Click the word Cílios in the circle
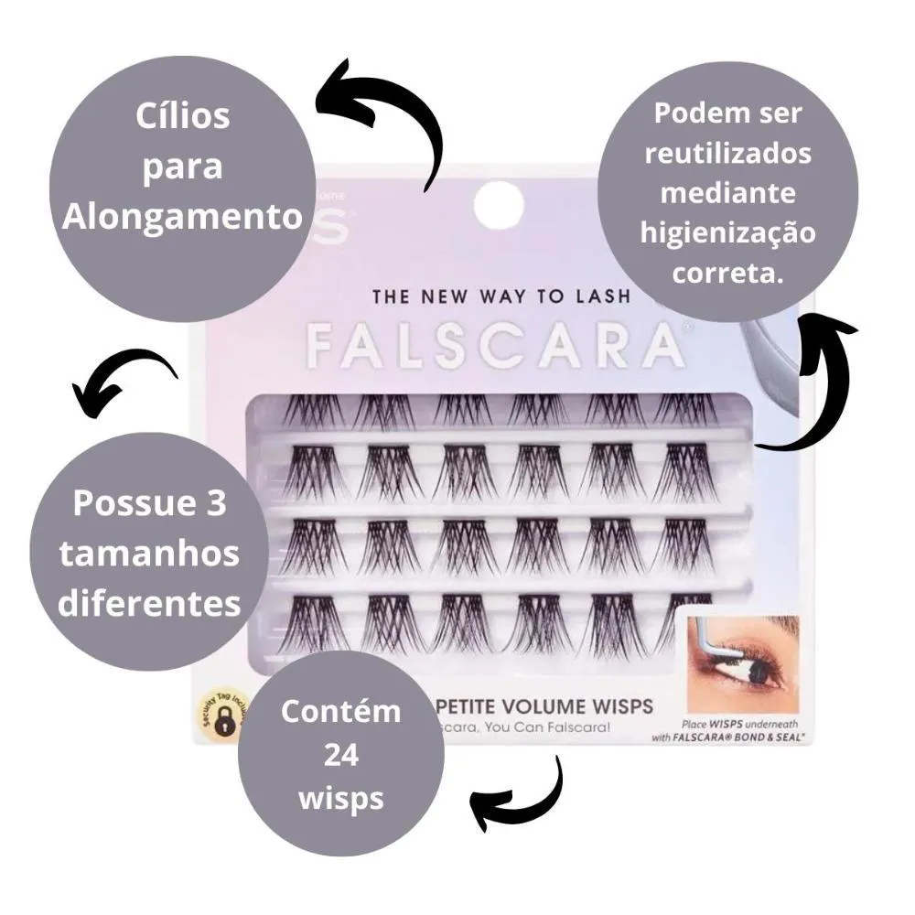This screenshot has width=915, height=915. click(182, 116)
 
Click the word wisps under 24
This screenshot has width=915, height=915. click(340, 798)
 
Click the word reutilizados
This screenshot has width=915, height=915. click(728, 152)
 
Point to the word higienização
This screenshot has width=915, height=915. click(728, 233)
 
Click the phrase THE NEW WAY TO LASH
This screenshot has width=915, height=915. click(501, 296)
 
